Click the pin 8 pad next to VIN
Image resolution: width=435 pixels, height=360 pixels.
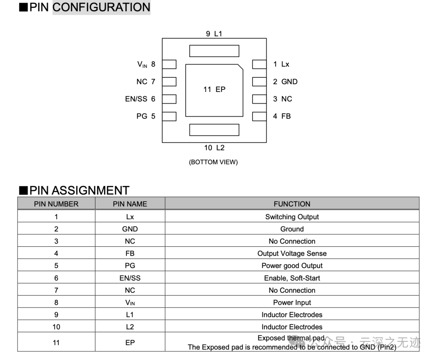(x=169, y=65)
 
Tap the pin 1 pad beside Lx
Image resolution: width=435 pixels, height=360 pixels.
(x=259, y=65)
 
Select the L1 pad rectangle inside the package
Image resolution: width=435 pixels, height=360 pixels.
(x=214, y=51)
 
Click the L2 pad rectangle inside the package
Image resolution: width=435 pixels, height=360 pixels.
(x=214, y=130)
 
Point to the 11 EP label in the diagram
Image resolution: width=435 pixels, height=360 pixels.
(x=214, y=89)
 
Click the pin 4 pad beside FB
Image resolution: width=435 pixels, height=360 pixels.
(x=259, y=116)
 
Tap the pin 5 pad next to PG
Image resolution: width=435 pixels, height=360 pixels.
(x=169, y=116)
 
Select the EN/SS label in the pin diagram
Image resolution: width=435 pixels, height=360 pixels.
(x=136, y=99)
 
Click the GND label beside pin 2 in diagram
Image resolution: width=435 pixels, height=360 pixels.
(x=289, y=81)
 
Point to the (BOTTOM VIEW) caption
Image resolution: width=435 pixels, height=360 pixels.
(x=213, y=162)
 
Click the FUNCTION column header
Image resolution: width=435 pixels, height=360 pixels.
(x=292, y=204)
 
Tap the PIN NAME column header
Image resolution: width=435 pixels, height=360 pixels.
(x=130, y=204)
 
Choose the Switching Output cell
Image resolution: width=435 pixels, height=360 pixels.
(x=292, y=217)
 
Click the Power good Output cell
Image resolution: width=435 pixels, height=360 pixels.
(x=292, y=266)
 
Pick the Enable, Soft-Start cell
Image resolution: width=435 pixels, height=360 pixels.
(x=292, y=278)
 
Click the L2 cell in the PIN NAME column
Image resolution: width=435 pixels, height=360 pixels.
(x=130, y=327)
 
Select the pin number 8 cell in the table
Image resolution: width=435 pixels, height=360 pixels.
(x=56, y=302)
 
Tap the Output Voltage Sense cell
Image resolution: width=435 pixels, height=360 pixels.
(x=292, y=254)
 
